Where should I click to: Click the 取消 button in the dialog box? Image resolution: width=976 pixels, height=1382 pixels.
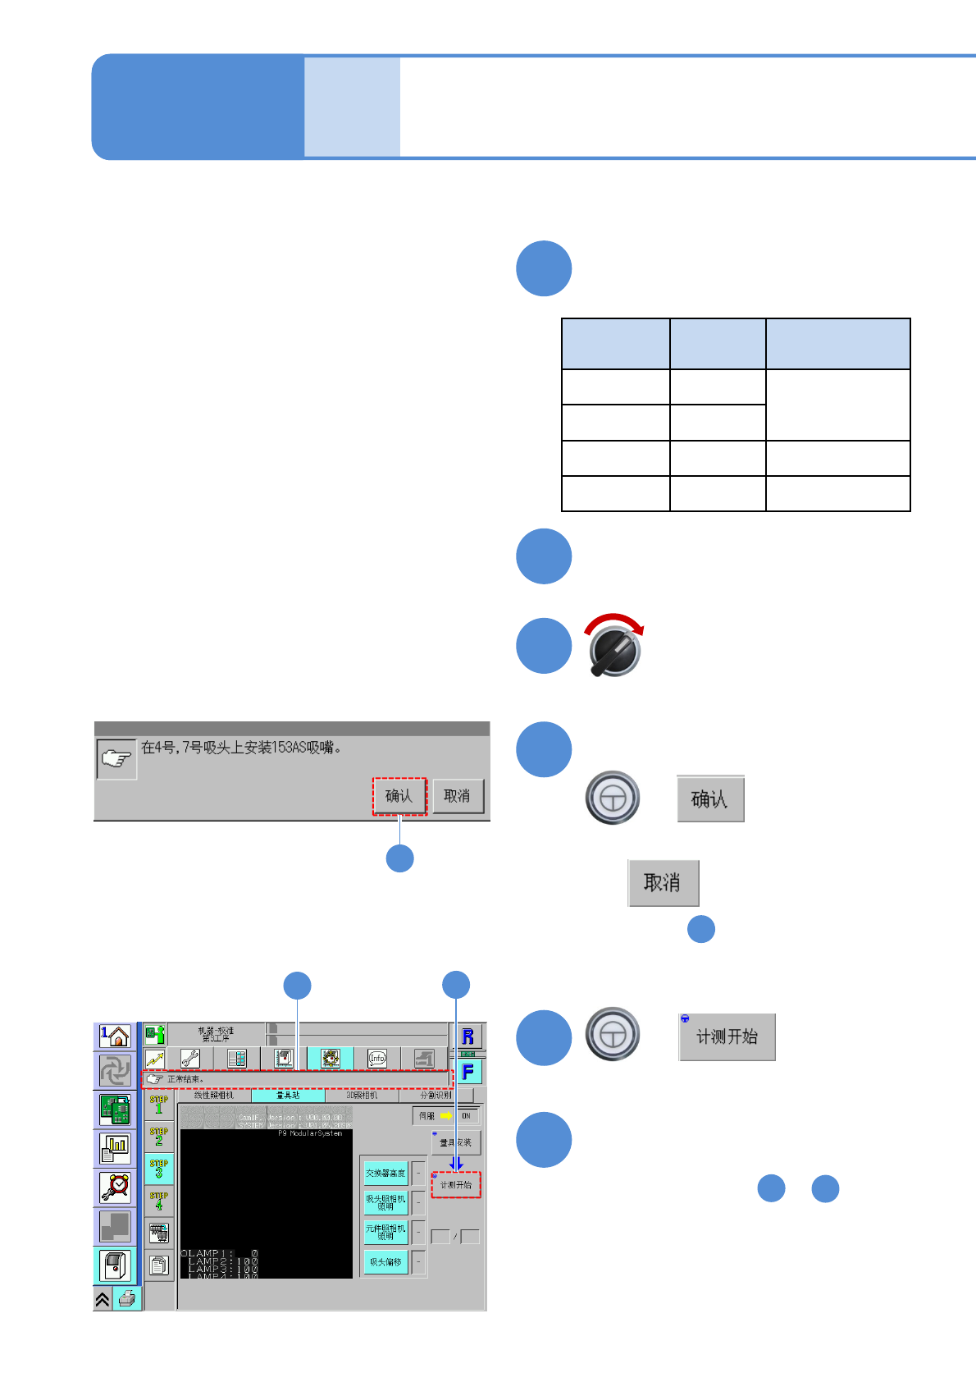click(458, 796)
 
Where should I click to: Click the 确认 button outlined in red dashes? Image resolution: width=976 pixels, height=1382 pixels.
click(399, 796)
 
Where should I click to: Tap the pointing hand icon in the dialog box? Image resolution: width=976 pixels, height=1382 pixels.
click(116, 759)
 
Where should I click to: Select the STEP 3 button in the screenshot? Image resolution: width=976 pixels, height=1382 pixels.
click(159, 1168)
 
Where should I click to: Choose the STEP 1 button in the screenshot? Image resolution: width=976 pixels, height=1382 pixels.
click(159, 1105)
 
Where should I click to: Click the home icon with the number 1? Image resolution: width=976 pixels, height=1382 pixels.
click(116, 1036)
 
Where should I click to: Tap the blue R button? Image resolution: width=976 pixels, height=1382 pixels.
click(467, 1036)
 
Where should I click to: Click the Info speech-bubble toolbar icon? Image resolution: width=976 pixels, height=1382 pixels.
click(377, 1059)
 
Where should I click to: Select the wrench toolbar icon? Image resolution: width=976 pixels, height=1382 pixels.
click(190, 1059)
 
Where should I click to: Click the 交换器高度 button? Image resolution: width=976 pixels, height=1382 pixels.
click(385, 1174)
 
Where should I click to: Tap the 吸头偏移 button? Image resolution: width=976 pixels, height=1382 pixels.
click(385, 1262)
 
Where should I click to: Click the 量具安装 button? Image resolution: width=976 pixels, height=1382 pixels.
click(456, 1142)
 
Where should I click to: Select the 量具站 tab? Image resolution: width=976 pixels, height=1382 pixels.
click(288, 1096)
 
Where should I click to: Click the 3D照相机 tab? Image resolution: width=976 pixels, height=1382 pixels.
click(362, 1096)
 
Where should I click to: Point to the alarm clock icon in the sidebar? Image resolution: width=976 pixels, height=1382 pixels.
click(116, 1187)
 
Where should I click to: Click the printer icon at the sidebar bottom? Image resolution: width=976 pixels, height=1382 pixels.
click(127, 1298)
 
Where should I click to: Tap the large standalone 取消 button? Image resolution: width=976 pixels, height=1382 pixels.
click(663, 883)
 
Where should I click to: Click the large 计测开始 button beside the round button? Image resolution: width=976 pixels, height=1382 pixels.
click(727, 1037)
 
